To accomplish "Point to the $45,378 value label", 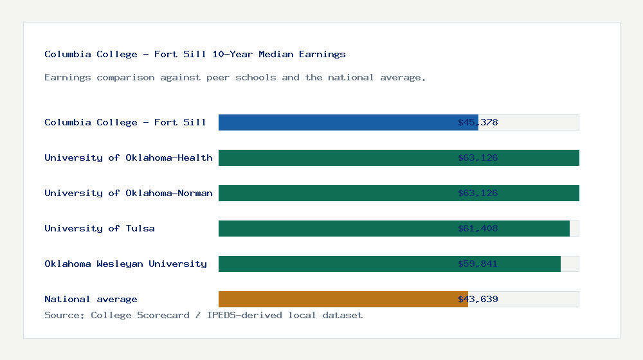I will click(x=478, y=122).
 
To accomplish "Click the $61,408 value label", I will click(x=478, y=228).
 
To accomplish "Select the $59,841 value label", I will click(x=478, y=264).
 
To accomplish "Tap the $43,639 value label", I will click(x=478, y=299).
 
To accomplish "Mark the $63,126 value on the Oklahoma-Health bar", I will click(x=478, y=157).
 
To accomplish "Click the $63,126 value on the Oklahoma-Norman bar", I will click(x=478, y=193).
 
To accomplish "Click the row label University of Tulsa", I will click(x=100, y=228).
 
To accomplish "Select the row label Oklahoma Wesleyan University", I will click(x=125, y=264).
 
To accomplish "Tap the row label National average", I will click(x=91, y=299).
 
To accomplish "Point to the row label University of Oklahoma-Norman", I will click(x=128, y=193).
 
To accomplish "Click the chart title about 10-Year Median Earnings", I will click(x=195, y=54).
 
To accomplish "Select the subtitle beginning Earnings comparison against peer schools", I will click(x=235, y=77).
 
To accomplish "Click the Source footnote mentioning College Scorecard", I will click(x=203, y=315).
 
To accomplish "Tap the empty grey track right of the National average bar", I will click(x=540, y=299).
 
